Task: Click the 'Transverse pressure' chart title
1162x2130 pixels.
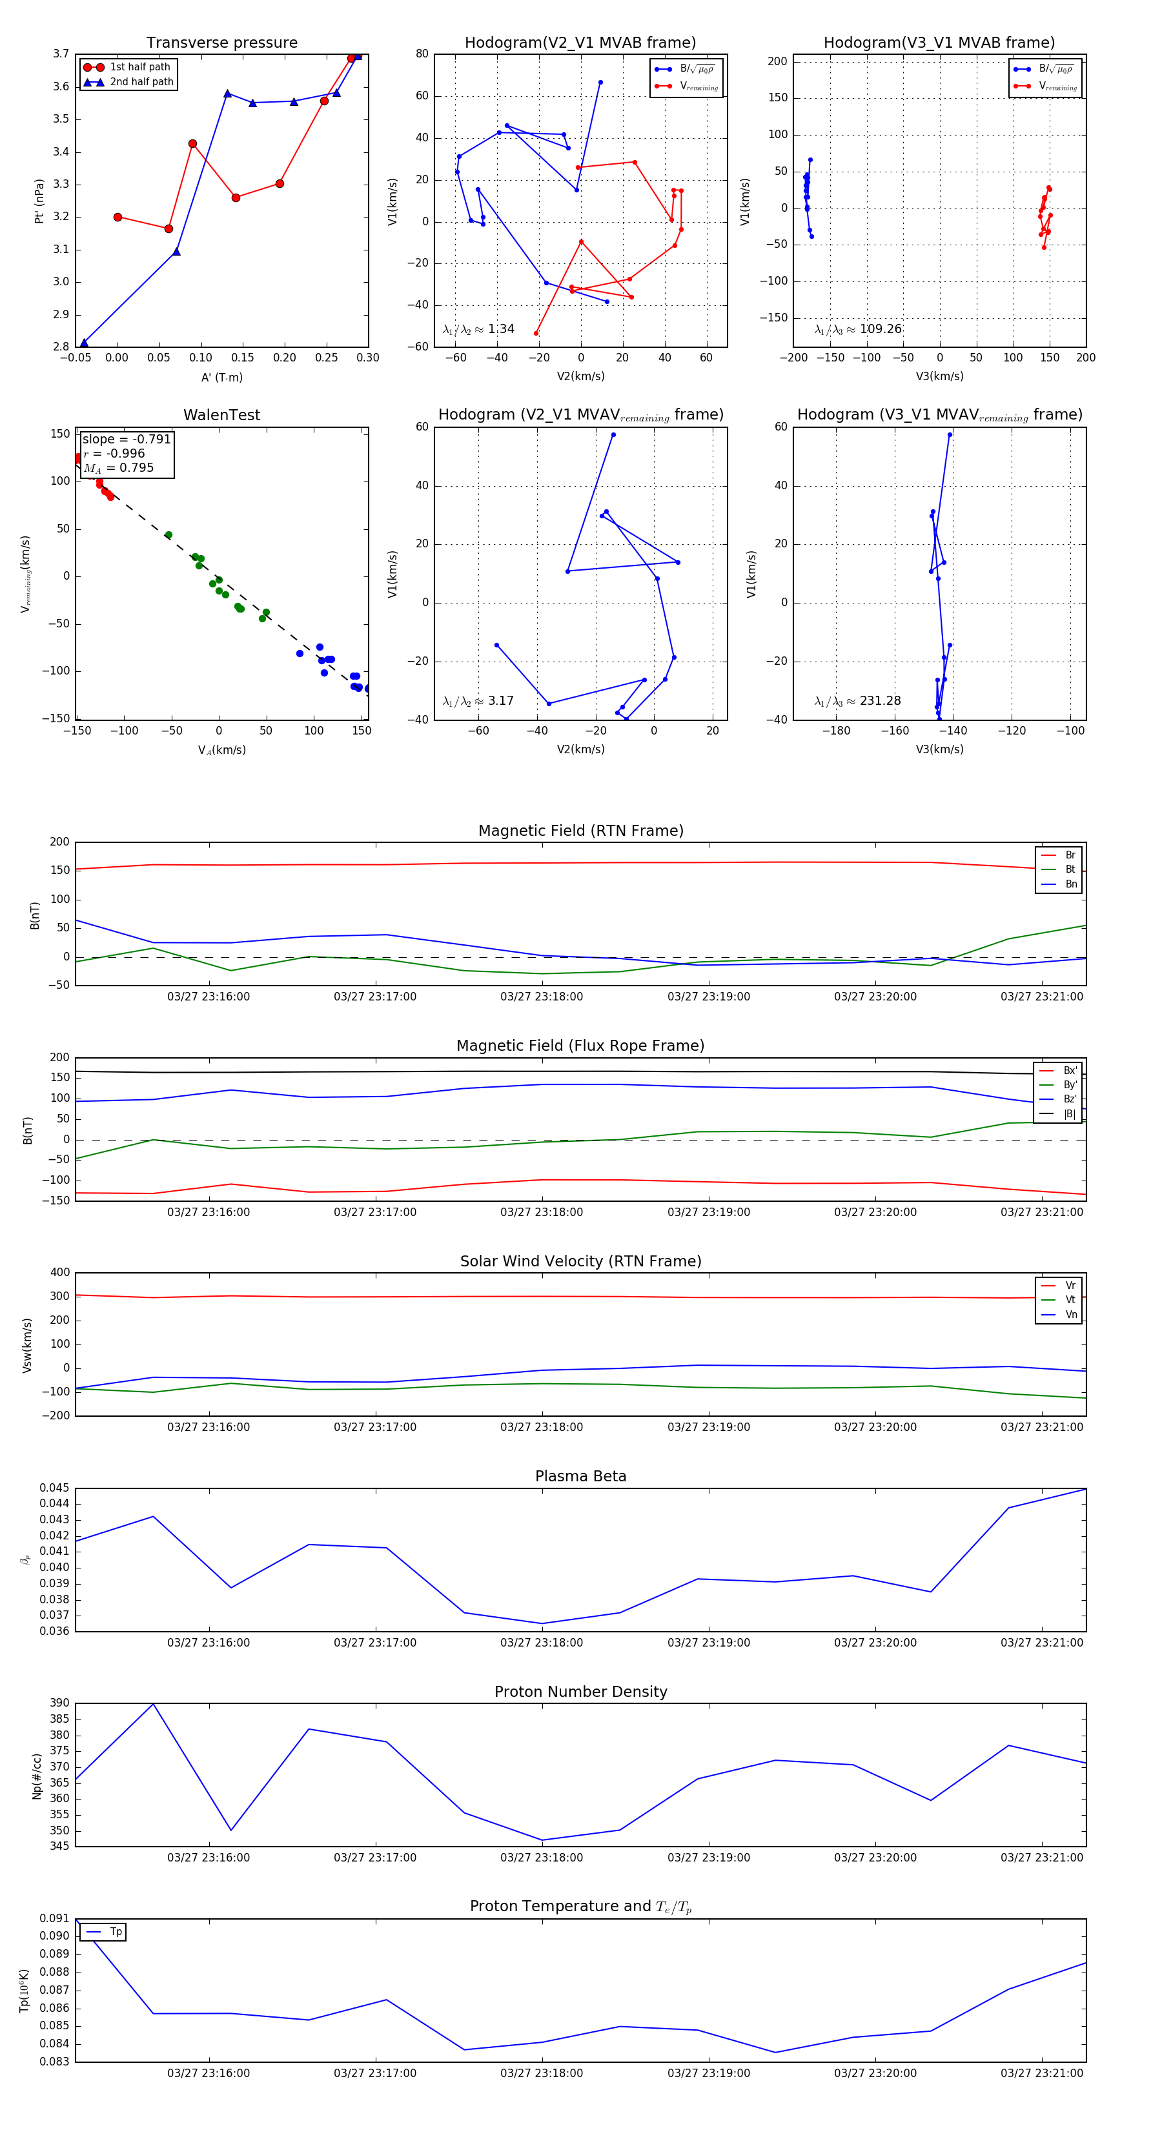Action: [221, 43]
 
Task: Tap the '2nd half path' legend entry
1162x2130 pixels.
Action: [141, 82]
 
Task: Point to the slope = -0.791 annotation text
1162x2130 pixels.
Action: [127, 439]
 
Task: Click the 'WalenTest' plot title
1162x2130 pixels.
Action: [221, 415]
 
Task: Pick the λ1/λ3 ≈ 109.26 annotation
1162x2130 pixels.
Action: [858, 329]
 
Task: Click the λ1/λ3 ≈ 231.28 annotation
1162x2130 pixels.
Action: [858, 701]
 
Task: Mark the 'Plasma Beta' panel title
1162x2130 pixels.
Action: [580, 1477]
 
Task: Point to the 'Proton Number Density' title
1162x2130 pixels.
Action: [580, 1692]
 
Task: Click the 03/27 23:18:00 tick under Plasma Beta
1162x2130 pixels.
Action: [542, 1643]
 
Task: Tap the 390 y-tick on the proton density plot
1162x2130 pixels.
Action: [59, 1703]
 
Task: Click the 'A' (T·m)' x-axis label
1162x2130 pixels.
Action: [221, 377]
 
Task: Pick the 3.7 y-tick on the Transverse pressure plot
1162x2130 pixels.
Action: [61, 54]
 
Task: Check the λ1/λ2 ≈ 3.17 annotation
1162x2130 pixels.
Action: [478, 701]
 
